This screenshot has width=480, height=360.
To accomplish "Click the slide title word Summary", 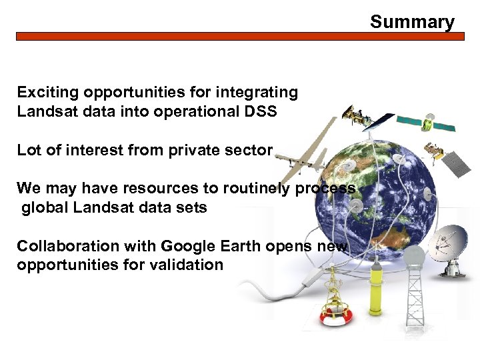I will (x=412, y=22).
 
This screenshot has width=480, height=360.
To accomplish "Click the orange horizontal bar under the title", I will (x=240, y=37).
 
